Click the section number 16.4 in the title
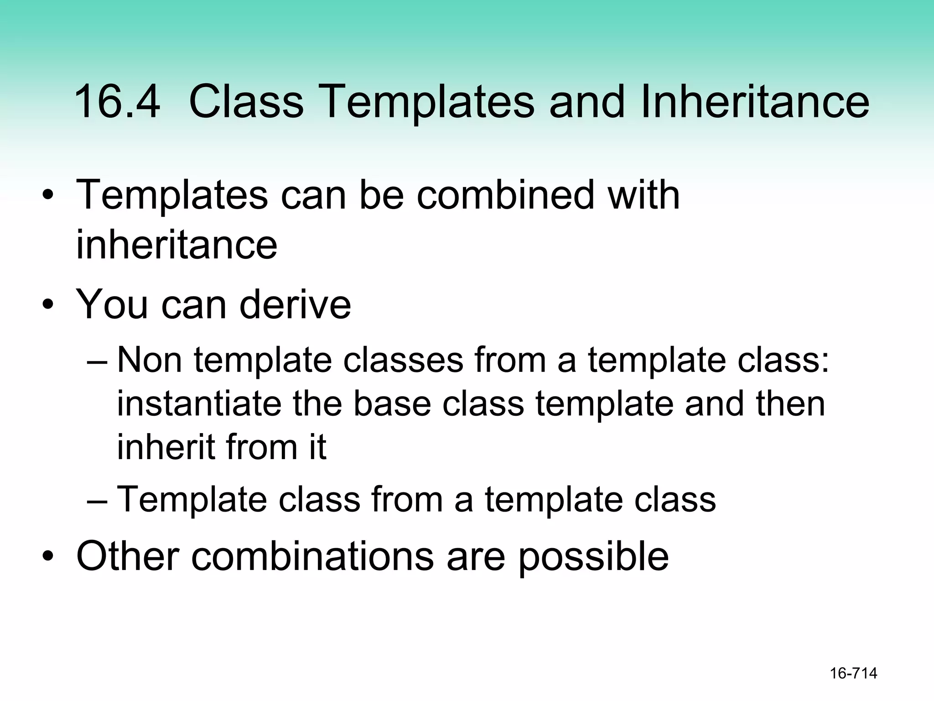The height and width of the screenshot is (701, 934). pyautogui.click(x=117, y=102)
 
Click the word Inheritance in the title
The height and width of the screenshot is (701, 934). pyautogui.click(x=755, y=102)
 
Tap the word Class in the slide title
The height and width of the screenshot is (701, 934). pyautogui.click(x=246, y=102)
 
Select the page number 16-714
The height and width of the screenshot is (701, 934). pyautogui.click(x=853, y=673)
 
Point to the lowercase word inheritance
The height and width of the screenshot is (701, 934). pyautogui.click(x=176, y=245)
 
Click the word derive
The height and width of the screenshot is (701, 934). pyautogui.click(x=295, y=304)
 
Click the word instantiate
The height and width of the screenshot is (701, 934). pyautogui.click(x=199, y=404)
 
